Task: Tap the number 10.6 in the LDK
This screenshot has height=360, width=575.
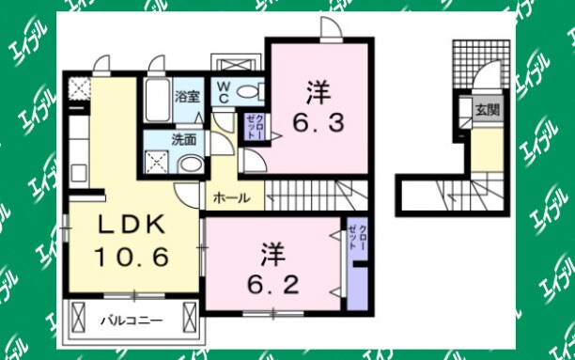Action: (132, 256)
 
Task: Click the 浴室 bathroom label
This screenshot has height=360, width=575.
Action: (187, 95)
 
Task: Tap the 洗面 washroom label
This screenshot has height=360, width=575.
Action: (183, 139)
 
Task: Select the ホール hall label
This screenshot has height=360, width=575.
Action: (231, 198)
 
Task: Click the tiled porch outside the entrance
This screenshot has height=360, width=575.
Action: (471, 65)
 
